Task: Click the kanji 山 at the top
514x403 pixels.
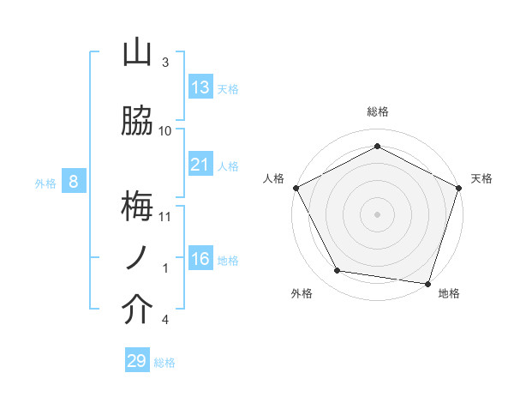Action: (137, 53)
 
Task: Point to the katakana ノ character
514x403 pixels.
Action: (137, 257)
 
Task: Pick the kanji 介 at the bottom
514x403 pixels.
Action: (137, 310)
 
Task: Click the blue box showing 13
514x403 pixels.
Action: (200, 87)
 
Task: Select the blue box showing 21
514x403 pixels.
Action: (200, 164)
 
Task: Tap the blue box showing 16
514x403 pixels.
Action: (200, 259)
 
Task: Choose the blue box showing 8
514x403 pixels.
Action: (74, 181)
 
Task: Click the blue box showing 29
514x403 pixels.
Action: (137, 361)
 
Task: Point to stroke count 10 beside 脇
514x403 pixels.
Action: (165, 130)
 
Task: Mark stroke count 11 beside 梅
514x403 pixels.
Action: (165, 216)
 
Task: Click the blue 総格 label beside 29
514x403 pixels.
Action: (164, 363)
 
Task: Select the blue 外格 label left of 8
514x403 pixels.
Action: (45, 183)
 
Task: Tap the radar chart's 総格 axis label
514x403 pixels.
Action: (377, 112)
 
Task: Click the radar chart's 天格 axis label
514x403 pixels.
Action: (481, 178)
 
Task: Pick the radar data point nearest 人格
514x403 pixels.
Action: (296, 187)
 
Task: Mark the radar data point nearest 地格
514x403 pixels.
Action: (427, 283)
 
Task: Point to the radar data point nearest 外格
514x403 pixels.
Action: (338, 271)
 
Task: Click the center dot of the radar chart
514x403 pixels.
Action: (377, 214)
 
